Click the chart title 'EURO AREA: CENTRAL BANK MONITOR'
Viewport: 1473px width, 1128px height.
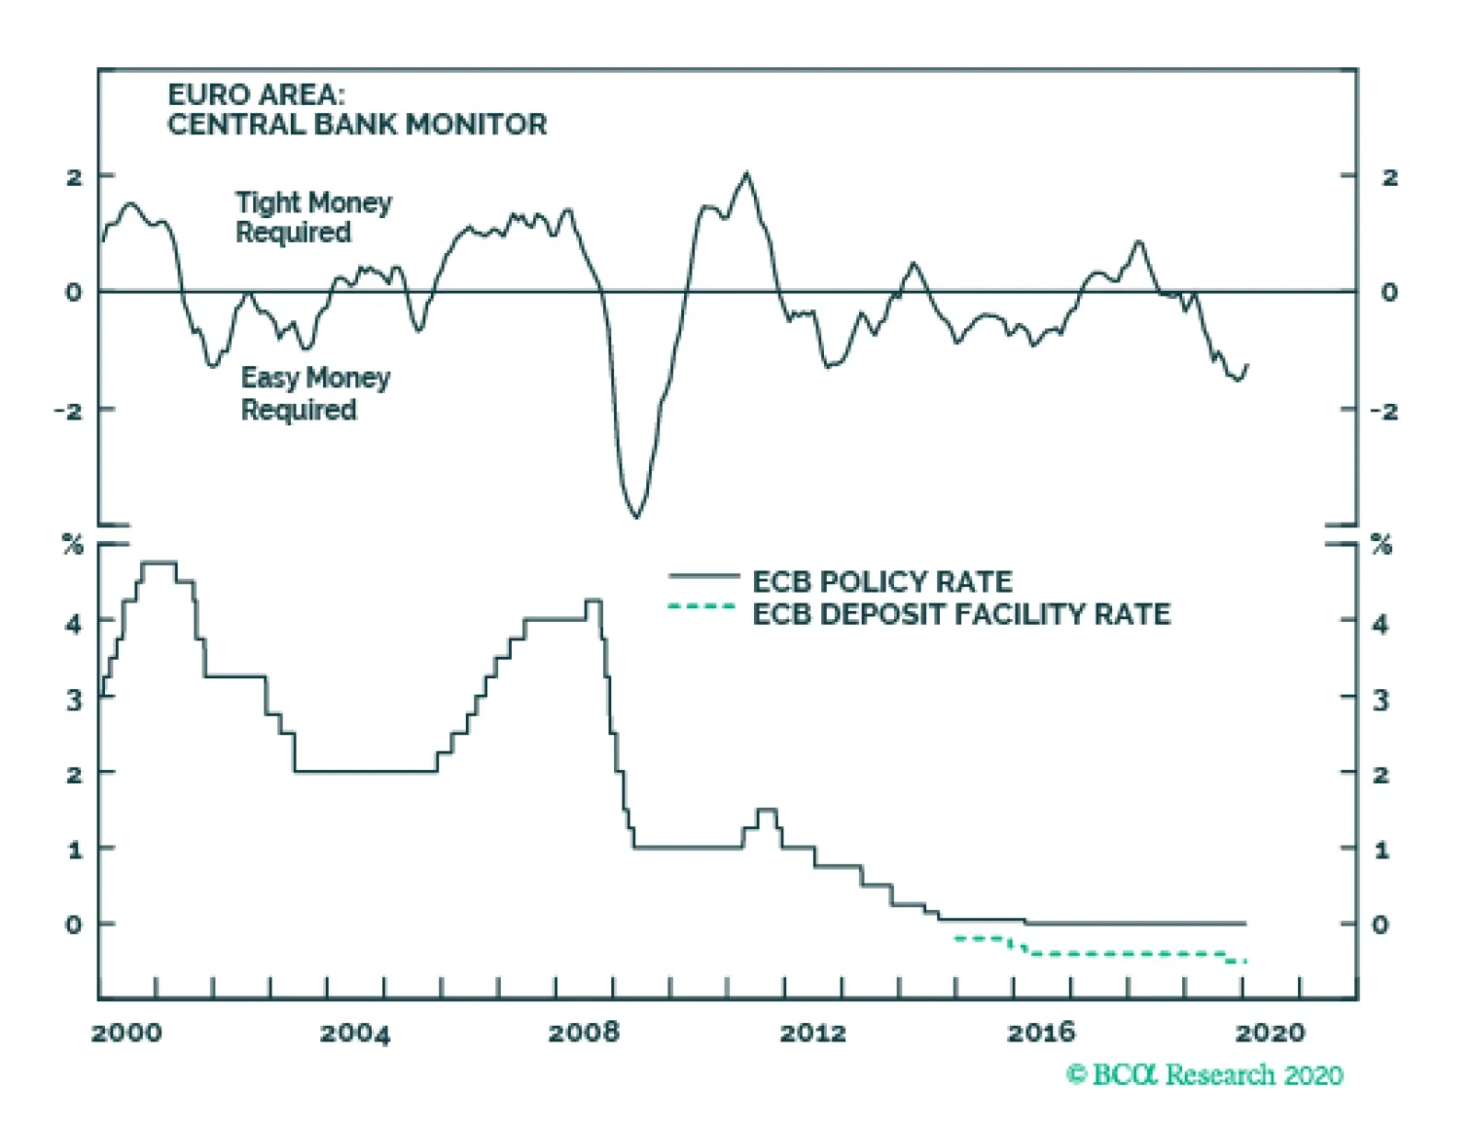pos(356,109)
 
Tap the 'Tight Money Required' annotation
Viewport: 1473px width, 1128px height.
pos(313,217)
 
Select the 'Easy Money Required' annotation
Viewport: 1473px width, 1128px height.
pos(315,394)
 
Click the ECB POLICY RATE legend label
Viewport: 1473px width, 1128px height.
pos(882,581)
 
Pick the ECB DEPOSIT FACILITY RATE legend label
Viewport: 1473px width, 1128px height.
pos(961,614)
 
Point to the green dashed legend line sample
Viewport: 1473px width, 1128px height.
pos(702,606)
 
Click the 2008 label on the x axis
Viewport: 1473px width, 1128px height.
pos(584,1032)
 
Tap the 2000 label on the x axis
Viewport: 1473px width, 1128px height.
pos(126,1032)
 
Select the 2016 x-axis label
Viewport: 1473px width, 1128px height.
pos(1040,1032)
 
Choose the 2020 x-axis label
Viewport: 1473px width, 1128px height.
pos(1270,1032)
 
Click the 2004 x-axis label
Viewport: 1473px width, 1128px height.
pos(354,1032)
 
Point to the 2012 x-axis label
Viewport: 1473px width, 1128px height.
pos(812,1032)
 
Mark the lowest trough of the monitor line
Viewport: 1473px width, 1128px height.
pos(635,516)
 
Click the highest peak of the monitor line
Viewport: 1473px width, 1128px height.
pos(746,173)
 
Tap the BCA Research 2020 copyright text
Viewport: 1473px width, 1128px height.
pos(1204,1075)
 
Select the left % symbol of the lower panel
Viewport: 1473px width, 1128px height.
pos(73,545)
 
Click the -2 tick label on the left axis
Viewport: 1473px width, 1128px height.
pos(69,410)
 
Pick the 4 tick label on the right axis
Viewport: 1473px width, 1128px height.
pos(1379,624)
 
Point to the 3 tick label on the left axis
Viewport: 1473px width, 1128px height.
pos(75,700)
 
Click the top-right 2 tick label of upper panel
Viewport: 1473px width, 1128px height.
pos(1389,177)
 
